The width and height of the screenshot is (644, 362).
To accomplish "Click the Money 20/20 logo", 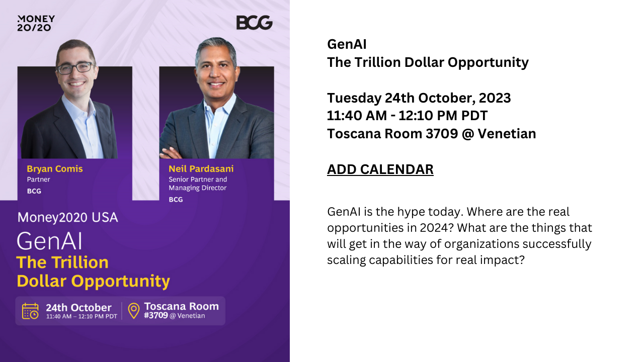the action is [x=36, y=23].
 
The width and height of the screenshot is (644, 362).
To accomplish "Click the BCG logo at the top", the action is [x=255, y=23].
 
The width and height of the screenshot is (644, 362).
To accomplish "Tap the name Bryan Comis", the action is [x=55, y=168].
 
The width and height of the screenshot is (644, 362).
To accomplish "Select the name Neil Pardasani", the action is [x=201, y=168].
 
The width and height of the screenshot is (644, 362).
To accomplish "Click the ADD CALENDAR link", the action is [x=380, y=169].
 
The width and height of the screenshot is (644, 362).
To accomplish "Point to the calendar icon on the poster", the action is [x=30, y=311].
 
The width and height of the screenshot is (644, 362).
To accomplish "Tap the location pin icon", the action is [x=134, y=311].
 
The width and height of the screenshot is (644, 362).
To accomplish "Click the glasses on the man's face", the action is [x=76, y=68].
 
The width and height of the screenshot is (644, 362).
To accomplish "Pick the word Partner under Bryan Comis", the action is [x=39, y=179].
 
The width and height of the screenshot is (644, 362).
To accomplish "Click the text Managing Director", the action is [x=198, y=188].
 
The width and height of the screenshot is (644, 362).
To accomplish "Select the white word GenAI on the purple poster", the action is [x=49, y=241].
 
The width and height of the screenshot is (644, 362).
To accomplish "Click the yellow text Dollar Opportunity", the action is [x=94, y=281].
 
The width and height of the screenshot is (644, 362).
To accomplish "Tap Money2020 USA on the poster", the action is [x=67, y=218].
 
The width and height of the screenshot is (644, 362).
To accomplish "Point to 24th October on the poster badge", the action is [x=78, y=308].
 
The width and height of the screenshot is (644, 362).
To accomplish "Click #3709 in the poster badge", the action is [x=156, y=315].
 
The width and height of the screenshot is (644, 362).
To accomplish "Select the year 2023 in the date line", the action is [x=495, y=98].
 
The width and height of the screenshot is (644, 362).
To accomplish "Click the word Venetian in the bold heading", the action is [x=507, y=134].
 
